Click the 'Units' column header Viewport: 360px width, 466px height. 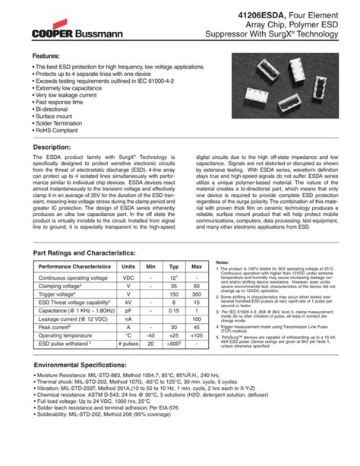pos(128,267)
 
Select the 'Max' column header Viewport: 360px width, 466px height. pos(197,267)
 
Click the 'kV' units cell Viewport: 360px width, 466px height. pos(128,302)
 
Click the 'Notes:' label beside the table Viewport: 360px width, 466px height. pos(223,261)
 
